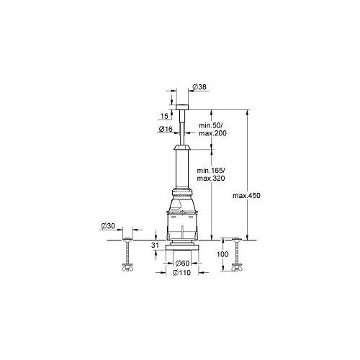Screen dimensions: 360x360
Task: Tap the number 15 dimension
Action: (x=165, y=115)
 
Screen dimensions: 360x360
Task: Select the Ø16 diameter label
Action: (x=165, y=130)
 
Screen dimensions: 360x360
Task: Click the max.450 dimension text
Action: (x=246, y=196)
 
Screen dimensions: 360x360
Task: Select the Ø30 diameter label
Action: (x=107, y=228)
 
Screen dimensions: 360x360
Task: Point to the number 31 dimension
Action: (x=155, y=245)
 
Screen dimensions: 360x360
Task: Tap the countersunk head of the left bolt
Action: (x=127, y=238)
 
